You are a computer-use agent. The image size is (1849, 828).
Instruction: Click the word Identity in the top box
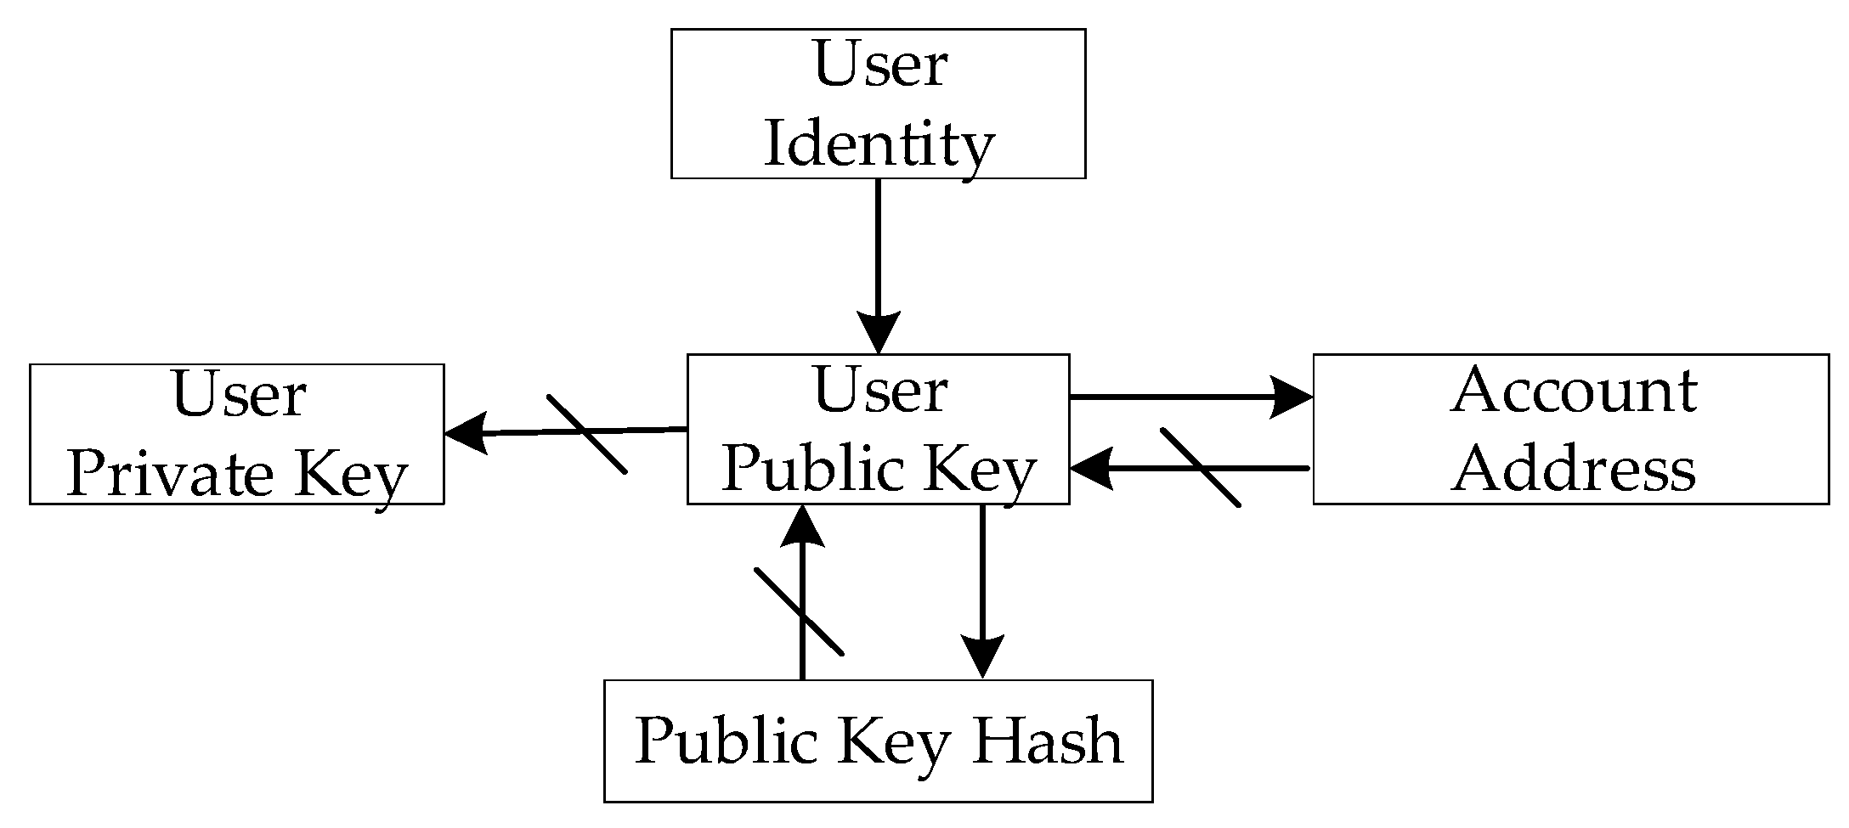coord(878,145)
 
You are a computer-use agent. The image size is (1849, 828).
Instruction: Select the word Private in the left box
coord(170,476)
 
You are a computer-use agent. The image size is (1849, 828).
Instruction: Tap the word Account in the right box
coord(1574,391)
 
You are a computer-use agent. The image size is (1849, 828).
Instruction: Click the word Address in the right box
coord(1574,470)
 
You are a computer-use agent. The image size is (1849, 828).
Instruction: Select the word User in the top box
coord(879,65)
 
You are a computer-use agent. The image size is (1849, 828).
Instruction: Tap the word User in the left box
coord(238,396)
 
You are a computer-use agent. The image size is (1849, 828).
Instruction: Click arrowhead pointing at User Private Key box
coord(465,432)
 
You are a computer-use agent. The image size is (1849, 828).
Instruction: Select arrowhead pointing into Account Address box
coord(1292,397)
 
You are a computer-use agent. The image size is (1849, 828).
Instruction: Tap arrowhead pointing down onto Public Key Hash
coord(982,656)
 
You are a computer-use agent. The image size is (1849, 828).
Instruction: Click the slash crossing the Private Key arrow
coord(587,434)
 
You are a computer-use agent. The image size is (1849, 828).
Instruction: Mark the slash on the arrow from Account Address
coord(1200,468)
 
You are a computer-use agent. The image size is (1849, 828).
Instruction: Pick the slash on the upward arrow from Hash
coord(799,611)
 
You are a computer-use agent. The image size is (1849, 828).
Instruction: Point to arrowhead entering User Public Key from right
coord(1092,469)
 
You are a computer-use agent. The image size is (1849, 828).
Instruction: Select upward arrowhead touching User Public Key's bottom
coord(801,527)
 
